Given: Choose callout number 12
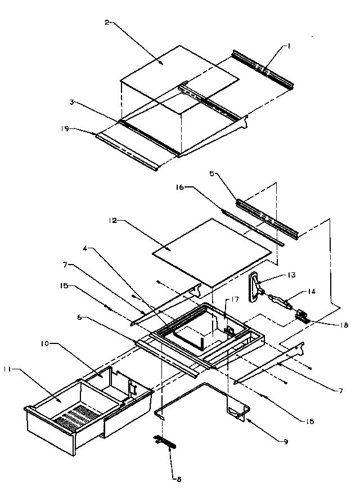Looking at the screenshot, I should pyautogui.click(x=112, y=221).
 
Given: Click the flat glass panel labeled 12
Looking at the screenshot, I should pyautogui.click(x=214, y=248).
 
